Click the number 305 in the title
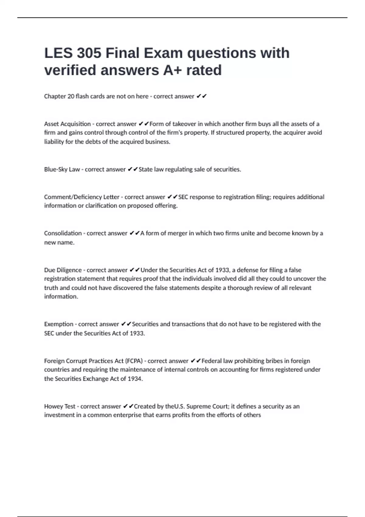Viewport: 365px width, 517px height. (89, 53)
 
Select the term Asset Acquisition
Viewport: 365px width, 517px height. (67, 124)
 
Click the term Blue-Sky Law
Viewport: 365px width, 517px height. (62, 169)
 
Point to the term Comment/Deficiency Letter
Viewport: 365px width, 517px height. (82, 197)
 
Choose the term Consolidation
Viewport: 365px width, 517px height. (63, 233)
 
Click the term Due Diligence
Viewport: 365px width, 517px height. (63, 270)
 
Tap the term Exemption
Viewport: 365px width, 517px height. (58, 324)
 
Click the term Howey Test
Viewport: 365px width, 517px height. (60, 406)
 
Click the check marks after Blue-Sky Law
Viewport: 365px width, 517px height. (133, 169)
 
